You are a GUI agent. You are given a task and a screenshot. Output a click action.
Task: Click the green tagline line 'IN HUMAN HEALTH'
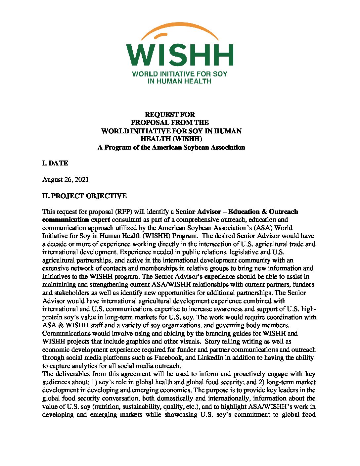(x=179, y=81)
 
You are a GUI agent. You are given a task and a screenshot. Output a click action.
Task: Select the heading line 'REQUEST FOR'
(x=170, y=115)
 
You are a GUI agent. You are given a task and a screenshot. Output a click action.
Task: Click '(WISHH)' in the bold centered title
(x=188, y=139)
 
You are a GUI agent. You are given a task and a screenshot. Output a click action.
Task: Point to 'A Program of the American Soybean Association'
(x=171, y=147)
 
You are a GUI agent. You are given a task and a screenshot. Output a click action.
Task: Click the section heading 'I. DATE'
(x=55, y=163)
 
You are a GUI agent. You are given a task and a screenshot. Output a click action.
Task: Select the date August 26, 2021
(x=66, y=179)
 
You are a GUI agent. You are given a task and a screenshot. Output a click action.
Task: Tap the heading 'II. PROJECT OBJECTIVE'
(x=84, y=196)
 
